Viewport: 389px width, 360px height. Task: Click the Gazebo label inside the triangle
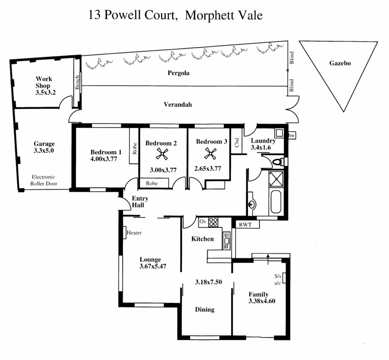tap(340, 63)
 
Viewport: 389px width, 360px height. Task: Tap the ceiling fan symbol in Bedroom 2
tap(162, 154)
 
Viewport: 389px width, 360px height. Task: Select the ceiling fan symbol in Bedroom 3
tap(210, 153)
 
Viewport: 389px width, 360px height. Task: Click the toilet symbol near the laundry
tap(279, 162)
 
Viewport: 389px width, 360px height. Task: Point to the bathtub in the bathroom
tap(276, 201)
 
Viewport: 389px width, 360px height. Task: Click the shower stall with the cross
tap(276, 179)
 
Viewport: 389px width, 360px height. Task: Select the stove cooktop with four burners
tap(213, 222)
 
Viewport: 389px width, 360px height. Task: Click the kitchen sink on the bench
tap(227, 240)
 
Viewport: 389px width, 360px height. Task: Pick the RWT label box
tap(246, 225)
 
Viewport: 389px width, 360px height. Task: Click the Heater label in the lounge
tap(134, 233)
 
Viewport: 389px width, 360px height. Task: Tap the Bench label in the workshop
tap(77, 82)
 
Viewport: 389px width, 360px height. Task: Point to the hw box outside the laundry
tap(291, 135)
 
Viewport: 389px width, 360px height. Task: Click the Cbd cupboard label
tap(237, 143)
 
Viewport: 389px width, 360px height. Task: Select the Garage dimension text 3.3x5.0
tap(44, 150)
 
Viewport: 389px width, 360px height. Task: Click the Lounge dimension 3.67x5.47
tap(153, 267)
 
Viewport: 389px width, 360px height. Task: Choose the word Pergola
tap(178, 73)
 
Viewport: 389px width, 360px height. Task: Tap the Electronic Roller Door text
tap(44, 180)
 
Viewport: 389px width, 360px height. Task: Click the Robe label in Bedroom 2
tap(152, 183)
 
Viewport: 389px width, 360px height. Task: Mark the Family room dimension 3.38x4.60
tap(262, 301)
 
